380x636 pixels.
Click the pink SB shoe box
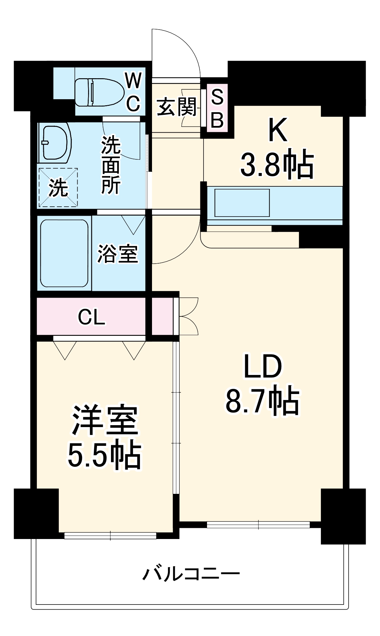(x=218, y=108)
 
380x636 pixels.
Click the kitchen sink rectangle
(x=242, y=203)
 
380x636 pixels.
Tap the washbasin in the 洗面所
(x=54, y=143)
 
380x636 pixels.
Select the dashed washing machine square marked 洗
(x=58, y=188)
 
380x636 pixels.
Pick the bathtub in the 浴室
(x=64, y=253)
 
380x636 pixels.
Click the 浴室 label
(x=118, y=254)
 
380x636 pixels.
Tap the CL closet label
(x=92, y=317)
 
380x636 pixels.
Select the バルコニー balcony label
(x=191, y=574)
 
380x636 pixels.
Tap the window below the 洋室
(x=110, y=536)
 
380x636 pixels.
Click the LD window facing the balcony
(x=258, y=525)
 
